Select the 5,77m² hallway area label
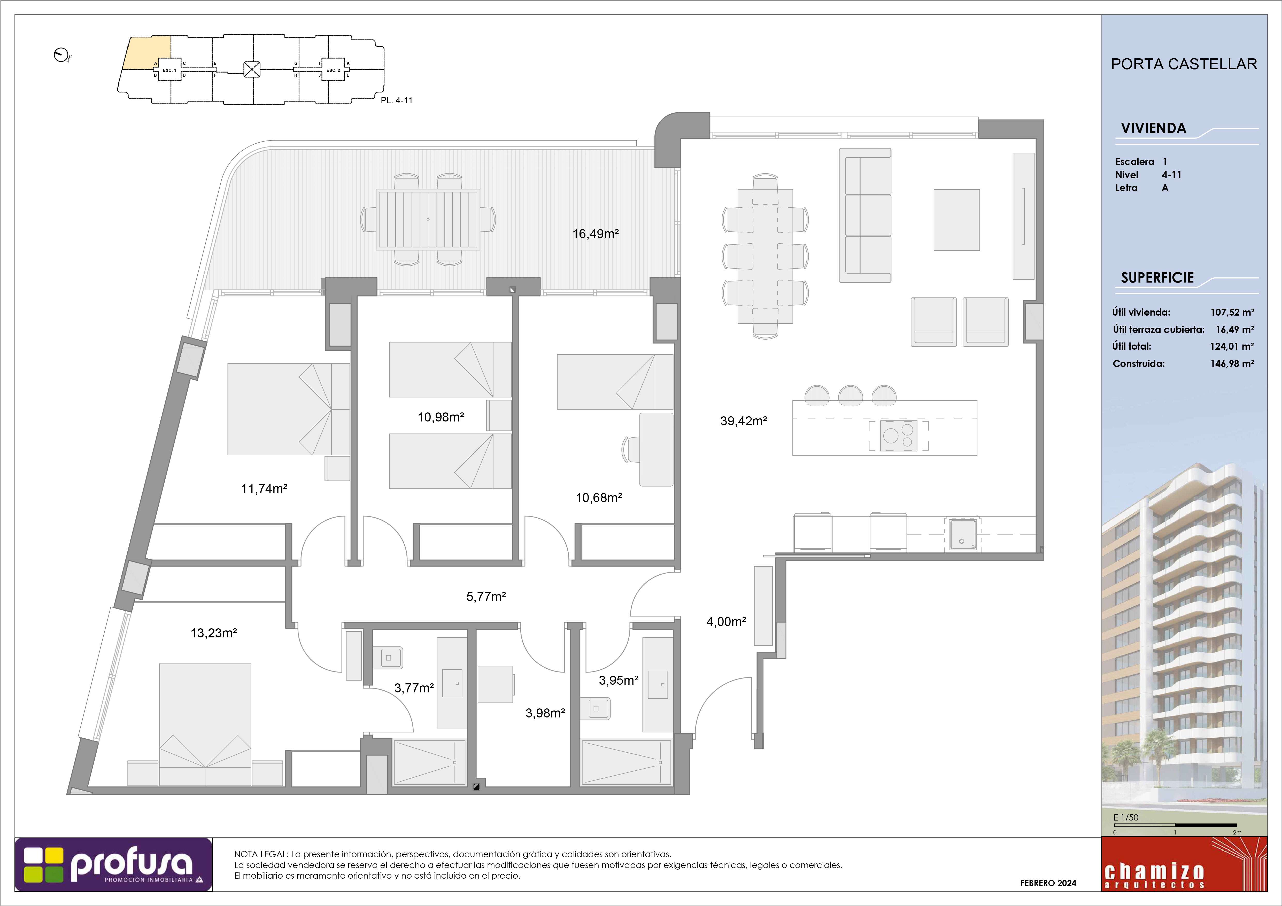tap(486, 597)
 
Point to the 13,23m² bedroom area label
tap(214, 633)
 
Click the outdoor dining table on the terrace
tap(428, 219)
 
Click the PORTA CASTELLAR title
tap(1184, 64)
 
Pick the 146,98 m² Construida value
tap(1232, 363)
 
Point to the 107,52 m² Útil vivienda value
tap(1232, 313)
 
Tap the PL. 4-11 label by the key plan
tap(396, 100)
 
